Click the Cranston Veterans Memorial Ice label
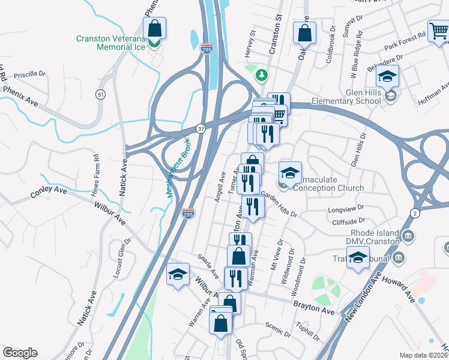(x=110, y=44)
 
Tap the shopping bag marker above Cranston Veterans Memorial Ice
(x=155, y=28)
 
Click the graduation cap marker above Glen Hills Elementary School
(x=388, y=76)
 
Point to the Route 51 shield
(x=100, y=94)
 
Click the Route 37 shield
(x=201, y=128)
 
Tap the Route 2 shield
(x=415, y=213)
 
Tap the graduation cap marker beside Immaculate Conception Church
(x=290, y=173)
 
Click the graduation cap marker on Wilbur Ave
(x=178, y=275)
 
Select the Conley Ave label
(x=49, y=193)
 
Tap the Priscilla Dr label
(x=34, y=74)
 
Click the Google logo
(x=20, y=353)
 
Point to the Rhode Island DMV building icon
(x=409, y=235)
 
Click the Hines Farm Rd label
(x=96, y=172)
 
